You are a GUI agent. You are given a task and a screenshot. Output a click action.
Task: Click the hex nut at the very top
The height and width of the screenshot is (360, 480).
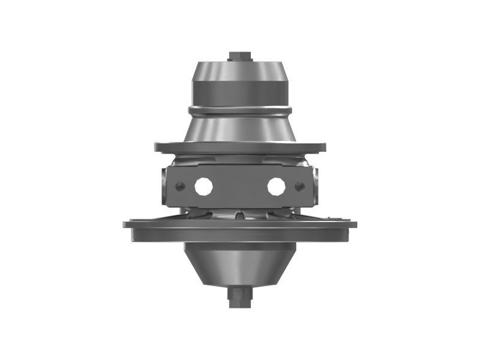coord(240,56)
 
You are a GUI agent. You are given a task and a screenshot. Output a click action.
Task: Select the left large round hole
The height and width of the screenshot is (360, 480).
coord(204,186)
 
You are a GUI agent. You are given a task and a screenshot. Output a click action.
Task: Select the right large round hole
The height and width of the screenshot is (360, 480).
coord(276,186)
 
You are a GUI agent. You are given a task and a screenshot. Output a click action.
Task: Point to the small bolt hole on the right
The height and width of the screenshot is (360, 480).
coord(299,187)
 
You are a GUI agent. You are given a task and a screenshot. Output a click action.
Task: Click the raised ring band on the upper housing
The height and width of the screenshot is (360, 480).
coord(240,110)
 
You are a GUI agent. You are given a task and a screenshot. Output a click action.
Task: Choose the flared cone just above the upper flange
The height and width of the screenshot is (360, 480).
coord(240,129)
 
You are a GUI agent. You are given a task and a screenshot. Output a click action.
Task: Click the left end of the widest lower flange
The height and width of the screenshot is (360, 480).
coord(126,225)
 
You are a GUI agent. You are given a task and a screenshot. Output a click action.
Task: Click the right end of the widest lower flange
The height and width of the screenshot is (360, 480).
coord(354,225)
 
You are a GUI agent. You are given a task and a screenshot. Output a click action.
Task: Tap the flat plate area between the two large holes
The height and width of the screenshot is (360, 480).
coord(240,186)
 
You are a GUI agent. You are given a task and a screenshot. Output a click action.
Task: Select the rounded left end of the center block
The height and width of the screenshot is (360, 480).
coord(165,186)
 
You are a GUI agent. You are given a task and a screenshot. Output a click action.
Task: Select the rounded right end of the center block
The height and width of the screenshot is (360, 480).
coord(315,186)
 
